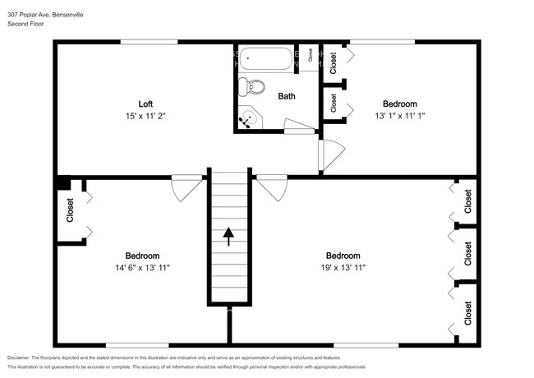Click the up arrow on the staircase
(228, 237)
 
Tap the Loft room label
(145, 104)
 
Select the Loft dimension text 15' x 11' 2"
(145, 117)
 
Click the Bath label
(287, 96)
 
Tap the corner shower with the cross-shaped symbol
(247, 120)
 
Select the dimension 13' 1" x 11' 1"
(400, 117)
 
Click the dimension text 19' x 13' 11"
(343, 268)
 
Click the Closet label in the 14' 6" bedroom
(70, 211)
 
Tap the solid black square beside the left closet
(62, 184)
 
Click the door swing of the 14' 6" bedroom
(187, 187)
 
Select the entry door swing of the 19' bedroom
(271, 187)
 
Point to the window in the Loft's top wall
(149, 42)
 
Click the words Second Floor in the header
(25, 24)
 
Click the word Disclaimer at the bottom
(22, 358)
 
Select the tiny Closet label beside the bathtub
(310, 58)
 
